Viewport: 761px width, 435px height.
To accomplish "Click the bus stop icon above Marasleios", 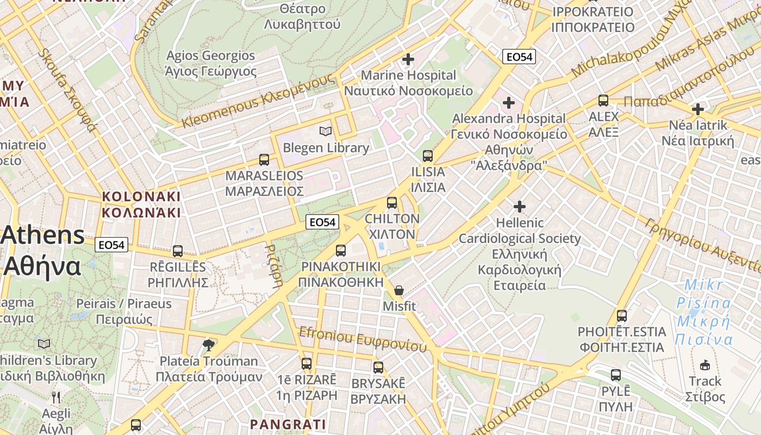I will click(x=264, y=160).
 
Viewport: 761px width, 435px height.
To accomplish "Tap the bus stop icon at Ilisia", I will click(x=428, y=156).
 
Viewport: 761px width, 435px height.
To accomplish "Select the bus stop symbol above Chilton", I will click(x=392, y=203).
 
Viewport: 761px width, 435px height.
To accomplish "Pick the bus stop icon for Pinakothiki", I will click(x=341, y=250).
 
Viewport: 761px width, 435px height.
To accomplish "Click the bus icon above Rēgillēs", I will click(x=178, y=251).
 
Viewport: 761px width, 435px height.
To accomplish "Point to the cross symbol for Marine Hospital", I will click(x=408, y=59).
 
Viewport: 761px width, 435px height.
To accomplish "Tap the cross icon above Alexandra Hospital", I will click(x=509, y=102).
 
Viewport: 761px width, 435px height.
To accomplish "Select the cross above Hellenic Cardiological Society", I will click(x=520, y=207).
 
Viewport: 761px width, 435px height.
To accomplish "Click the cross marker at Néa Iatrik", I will click(x=697, y=109).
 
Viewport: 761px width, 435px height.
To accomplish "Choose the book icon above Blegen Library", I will click(x=326, y=132).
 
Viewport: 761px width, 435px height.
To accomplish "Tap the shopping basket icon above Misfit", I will click(x=399, y=290).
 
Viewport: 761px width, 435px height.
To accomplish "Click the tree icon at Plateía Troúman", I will click(x=209, y=345).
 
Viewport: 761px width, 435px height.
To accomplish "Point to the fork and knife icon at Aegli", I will click(x=56, y=397).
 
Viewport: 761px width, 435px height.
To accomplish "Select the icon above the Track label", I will click(x=705, y=365).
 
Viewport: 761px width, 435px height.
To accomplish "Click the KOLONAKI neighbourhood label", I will click(x=141, y=204).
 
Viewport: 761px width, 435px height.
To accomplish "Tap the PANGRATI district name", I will click(x=288, y=424).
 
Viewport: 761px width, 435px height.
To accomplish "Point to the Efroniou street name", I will click(x=363, y=338).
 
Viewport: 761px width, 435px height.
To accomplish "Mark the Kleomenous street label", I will click(x=258, y=101).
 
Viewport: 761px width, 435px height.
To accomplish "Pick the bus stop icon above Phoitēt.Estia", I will click(x=622, y=315).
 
